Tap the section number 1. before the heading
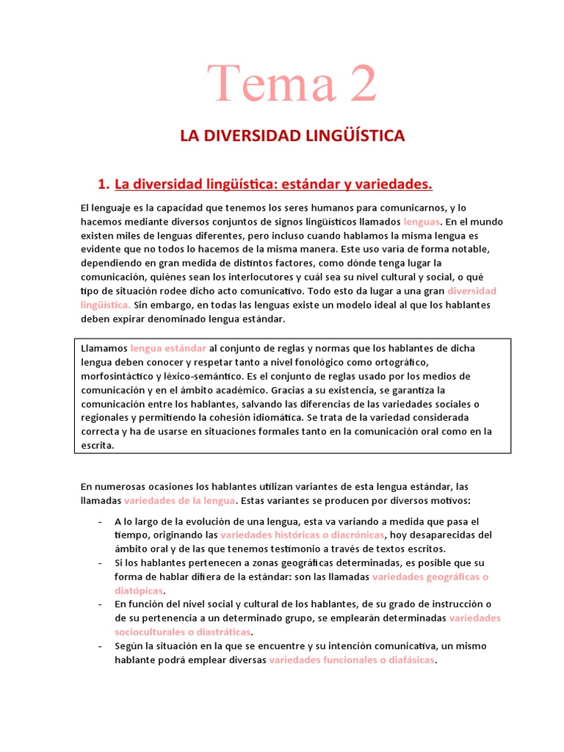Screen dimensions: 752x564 [104, 183]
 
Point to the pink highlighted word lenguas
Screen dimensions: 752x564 [422, 221]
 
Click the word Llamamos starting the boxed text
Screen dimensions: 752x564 [104, 349]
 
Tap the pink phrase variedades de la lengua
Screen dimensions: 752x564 [180, 501]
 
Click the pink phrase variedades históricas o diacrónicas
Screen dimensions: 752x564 [303, 535]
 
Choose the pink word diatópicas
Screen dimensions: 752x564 [138, 590]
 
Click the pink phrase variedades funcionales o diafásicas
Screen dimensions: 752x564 [352, 659]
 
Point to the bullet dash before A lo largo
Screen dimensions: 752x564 [99, 521]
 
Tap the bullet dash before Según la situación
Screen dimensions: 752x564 [99, 646]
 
